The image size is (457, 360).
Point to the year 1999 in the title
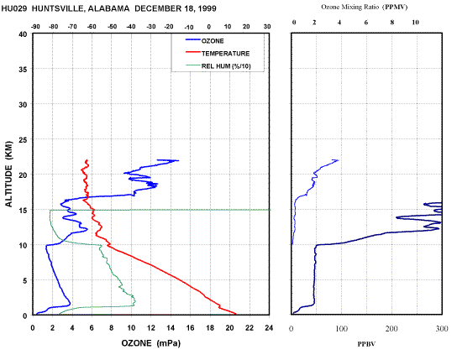(x=207, y=8)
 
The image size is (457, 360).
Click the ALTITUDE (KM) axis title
(x=9, y=174)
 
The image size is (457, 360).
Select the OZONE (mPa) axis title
(x=151, y=343)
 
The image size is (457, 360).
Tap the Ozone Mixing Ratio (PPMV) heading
(x=364, y=7)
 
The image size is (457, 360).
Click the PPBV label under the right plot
(x=366, y=344)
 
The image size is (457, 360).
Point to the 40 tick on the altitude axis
(x=23, y=34)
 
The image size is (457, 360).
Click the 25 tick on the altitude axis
(x=23, y=139)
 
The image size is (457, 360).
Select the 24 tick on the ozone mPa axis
(x=269, y=328)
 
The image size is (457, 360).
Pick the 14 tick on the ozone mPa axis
(x=171, y=328)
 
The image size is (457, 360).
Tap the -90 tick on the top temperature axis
(x=35, y=27)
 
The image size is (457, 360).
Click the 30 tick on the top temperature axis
(x=267, y=27)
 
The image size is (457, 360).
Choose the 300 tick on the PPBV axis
(x=442, y=329)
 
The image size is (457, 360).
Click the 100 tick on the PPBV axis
(x=342, y=329)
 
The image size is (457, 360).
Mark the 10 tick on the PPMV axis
(x=415, y=23)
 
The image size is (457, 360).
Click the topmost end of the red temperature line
(x=87, y=159)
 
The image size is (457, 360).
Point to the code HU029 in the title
(x=14, y=8)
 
